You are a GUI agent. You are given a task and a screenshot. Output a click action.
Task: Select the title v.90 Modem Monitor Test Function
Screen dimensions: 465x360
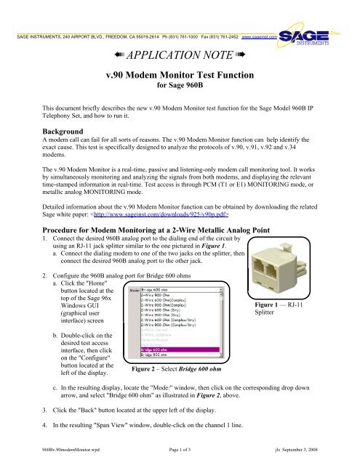(180, 81)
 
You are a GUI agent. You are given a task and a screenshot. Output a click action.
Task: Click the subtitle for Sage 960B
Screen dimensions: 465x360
(180, 93)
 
